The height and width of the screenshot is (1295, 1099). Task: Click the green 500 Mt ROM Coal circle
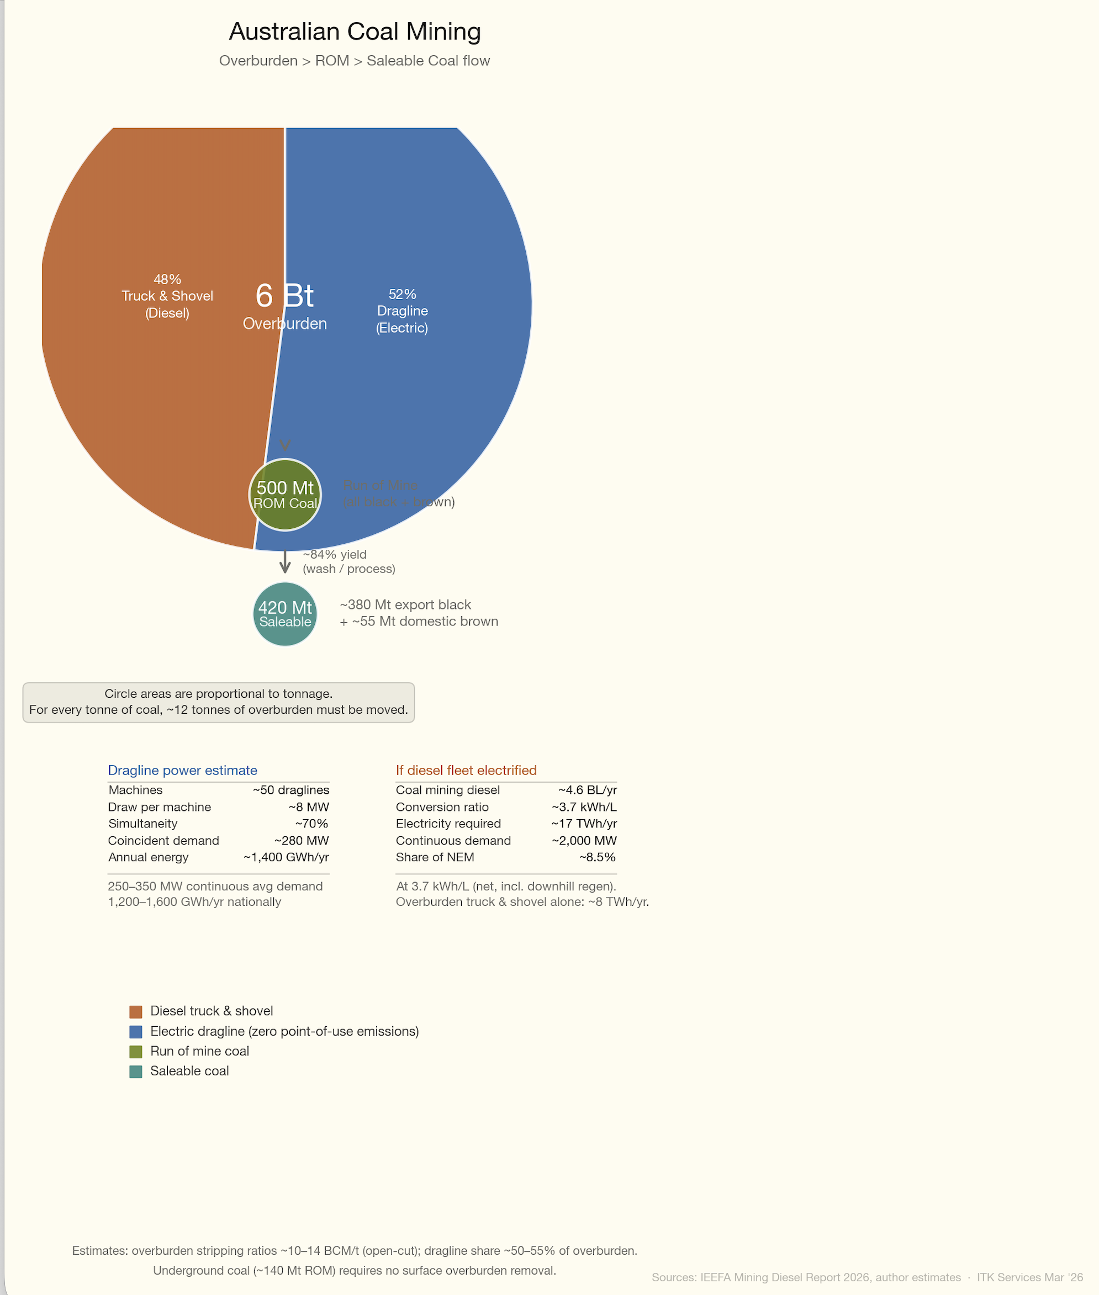pos(285,495)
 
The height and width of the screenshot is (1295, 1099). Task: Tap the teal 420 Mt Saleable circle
pos(285,614)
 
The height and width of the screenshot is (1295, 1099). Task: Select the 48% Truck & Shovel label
pos(167,296)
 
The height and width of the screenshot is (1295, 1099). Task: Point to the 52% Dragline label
pos(402,311)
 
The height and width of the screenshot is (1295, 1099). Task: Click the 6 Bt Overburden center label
pos(285,305)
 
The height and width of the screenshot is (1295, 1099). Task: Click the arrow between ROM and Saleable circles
pos(285,561)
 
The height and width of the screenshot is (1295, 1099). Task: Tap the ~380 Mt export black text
pos(405,604)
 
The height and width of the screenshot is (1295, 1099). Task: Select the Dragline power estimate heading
pos(183,770)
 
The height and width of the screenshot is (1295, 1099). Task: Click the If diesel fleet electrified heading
pos(466,770)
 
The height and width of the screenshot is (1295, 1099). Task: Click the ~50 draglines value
pos(291,790)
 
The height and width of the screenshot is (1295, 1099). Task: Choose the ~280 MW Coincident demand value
pos(302,841)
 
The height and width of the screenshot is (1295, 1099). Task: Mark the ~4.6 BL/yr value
pos(588,790)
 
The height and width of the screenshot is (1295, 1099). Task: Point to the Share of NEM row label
pos(435,857)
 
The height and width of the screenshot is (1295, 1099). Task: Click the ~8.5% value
pos(598,857)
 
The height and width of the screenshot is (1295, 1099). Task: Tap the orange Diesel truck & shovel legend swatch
pos(136,1012)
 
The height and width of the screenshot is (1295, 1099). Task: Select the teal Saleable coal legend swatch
pos(136,1071)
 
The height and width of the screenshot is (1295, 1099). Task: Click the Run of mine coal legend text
pos(199,1052)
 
